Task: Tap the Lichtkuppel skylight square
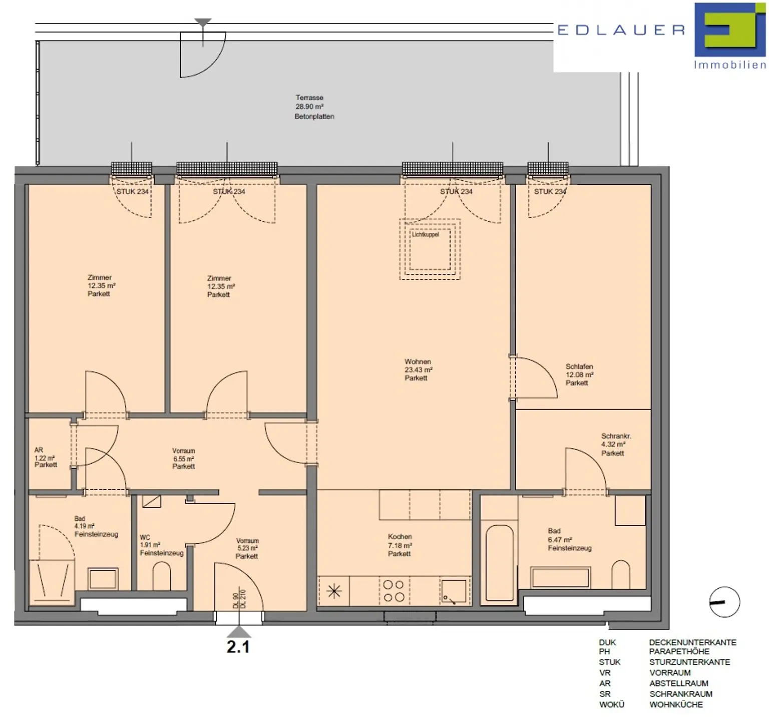pos(430,249)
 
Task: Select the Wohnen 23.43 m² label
pos(418,370)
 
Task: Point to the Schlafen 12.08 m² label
pos(579,375)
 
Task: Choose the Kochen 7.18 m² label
pos(400,545)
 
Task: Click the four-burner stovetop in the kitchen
pos(394,591)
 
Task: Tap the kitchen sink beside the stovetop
pos(454,591)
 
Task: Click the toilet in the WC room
pos(161,575)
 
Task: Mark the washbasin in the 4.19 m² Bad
pos(103,579)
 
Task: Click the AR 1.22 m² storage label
pos(46,457)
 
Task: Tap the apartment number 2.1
pos(238,646)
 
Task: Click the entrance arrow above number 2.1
pos(239,631)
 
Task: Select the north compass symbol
pos(724,602)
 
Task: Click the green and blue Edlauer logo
pos(730,30)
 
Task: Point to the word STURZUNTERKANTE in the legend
pos(689,662)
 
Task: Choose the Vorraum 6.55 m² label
pos(184,458)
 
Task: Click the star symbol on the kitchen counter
pos(334,591)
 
